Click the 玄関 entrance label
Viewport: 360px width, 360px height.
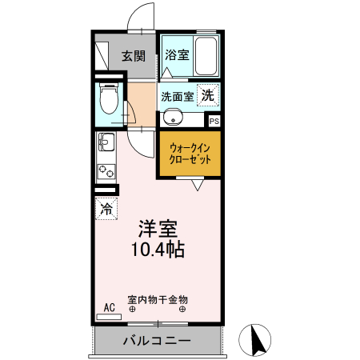[133, 56]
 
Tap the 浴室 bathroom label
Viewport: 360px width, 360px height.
[176, 55]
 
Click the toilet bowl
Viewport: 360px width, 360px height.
[108, 100]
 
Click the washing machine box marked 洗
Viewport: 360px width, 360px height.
[207, 95]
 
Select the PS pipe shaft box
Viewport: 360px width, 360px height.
[214, 121]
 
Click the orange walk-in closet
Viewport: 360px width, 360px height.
[190, 154]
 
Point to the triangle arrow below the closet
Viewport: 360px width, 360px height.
[197, 184]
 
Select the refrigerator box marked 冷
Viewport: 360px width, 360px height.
[106, 210]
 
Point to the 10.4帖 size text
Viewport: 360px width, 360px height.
[158, 249]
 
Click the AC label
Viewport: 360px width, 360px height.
[109, 306]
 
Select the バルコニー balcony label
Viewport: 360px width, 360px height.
[156, 342]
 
